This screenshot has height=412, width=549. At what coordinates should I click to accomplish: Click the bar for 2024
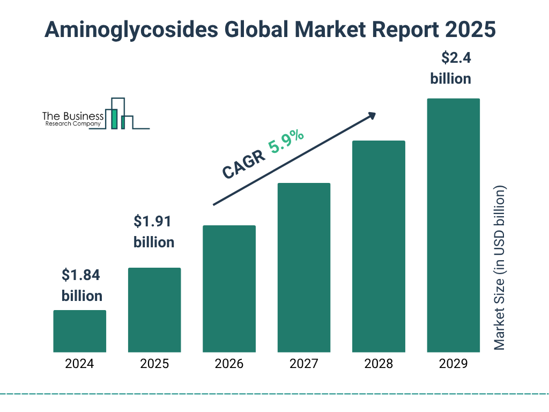coord(79,331)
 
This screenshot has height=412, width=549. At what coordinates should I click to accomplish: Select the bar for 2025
coord(154,310)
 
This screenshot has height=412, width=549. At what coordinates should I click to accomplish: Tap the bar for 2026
coord(229,289)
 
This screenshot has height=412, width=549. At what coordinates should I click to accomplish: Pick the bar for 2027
coord(303,267)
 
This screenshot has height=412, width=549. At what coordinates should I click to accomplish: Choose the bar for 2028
coord(379,246)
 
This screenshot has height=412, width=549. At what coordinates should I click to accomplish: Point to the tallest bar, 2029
coord(453,225)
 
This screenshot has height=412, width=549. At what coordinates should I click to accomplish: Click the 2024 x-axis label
coord(79,364)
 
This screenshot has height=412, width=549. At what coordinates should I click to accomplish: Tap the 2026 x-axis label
coord(229,364)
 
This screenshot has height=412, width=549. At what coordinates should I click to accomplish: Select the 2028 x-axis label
coord(379,364)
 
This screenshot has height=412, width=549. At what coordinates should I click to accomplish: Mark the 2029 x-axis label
coord(453,364)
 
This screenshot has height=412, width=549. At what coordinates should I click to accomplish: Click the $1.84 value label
coord(81,275)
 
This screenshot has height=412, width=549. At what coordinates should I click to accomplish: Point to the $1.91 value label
coord(154,221)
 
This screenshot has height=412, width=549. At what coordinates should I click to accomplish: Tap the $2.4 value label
coord(450,57)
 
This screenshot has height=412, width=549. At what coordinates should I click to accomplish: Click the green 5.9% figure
coord(286,142)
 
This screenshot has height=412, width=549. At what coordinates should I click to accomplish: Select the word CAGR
coord(243,164)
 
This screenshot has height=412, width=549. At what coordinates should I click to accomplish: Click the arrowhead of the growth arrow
coord(371,115)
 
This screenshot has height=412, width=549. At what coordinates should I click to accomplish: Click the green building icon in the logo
coord(114,118)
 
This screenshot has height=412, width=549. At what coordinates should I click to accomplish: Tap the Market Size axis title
coord(500,268)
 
